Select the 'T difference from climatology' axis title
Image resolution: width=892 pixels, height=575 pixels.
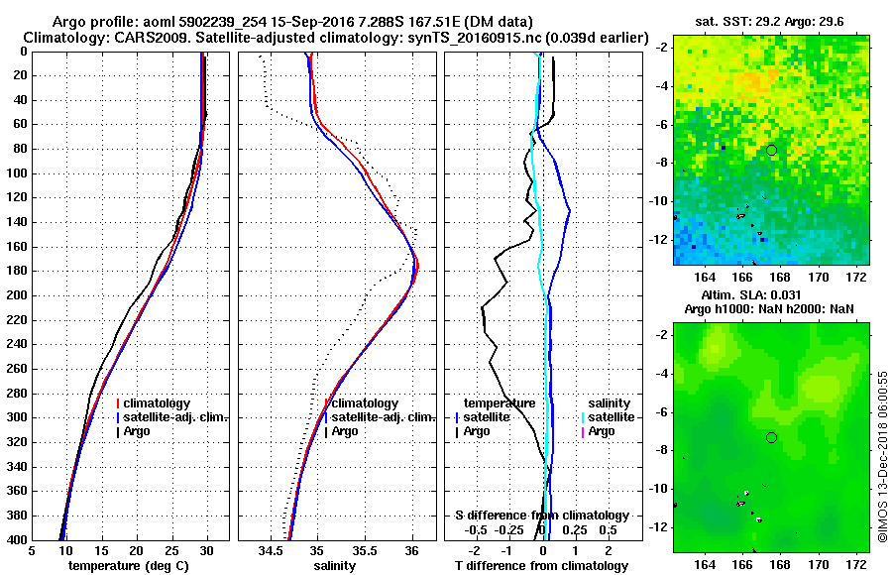tap(542, 566)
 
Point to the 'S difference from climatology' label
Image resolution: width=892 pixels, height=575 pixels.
tap(542, 516)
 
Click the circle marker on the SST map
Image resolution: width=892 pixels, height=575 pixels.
tap(772, 150)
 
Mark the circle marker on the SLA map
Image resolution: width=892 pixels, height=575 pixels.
tap(772, 437)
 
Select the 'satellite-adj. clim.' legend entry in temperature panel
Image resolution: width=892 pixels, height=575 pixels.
tap(176, 417)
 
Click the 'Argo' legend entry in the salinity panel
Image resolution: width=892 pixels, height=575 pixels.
tap(344, 431)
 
